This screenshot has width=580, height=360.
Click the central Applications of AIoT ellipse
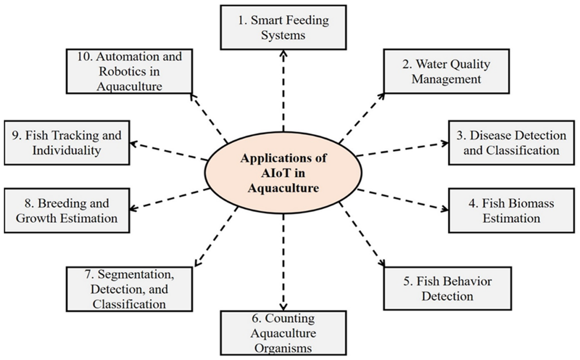coord(283,173)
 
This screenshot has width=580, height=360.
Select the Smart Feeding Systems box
coord(283,27)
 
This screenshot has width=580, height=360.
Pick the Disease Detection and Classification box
coord(511,142)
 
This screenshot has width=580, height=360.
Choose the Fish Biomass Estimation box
coord(511,211)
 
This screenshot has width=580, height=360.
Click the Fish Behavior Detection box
coord(447,288)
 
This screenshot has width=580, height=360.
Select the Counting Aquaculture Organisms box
coord(283,333)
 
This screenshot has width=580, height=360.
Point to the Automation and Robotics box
coord(129,71)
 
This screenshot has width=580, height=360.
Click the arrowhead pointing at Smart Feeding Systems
coord(284,54)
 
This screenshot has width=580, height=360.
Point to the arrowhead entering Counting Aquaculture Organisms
coord(284,306)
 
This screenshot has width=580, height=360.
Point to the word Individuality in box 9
coord(66,150)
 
